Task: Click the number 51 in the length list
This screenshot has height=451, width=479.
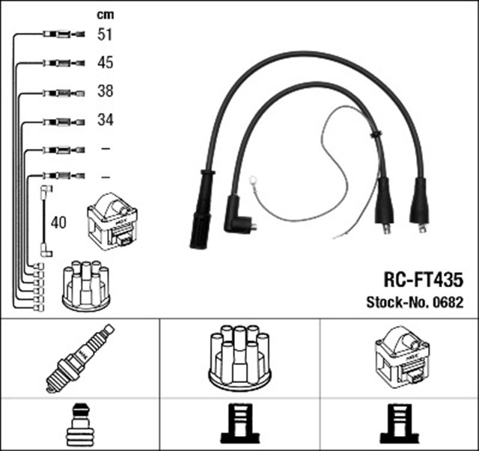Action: point(106,34)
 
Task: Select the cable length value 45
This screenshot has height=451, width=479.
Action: point(106,63)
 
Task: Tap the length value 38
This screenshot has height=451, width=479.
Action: point(106,91)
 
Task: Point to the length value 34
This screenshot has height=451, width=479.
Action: point(106,120)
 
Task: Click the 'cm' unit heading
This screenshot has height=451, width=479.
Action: point(105,14)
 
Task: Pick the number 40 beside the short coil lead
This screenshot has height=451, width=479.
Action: point(59,223)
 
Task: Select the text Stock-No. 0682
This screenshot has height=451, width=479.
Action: point(415,303)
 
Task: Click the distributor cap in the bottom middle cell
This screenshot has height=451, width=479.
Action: point(239,357)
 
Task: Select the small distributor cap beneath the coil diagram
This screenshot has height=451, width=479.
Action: point(85,286)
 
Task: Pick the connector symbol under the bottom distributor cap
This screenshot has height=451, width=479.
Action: point(239,423)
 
